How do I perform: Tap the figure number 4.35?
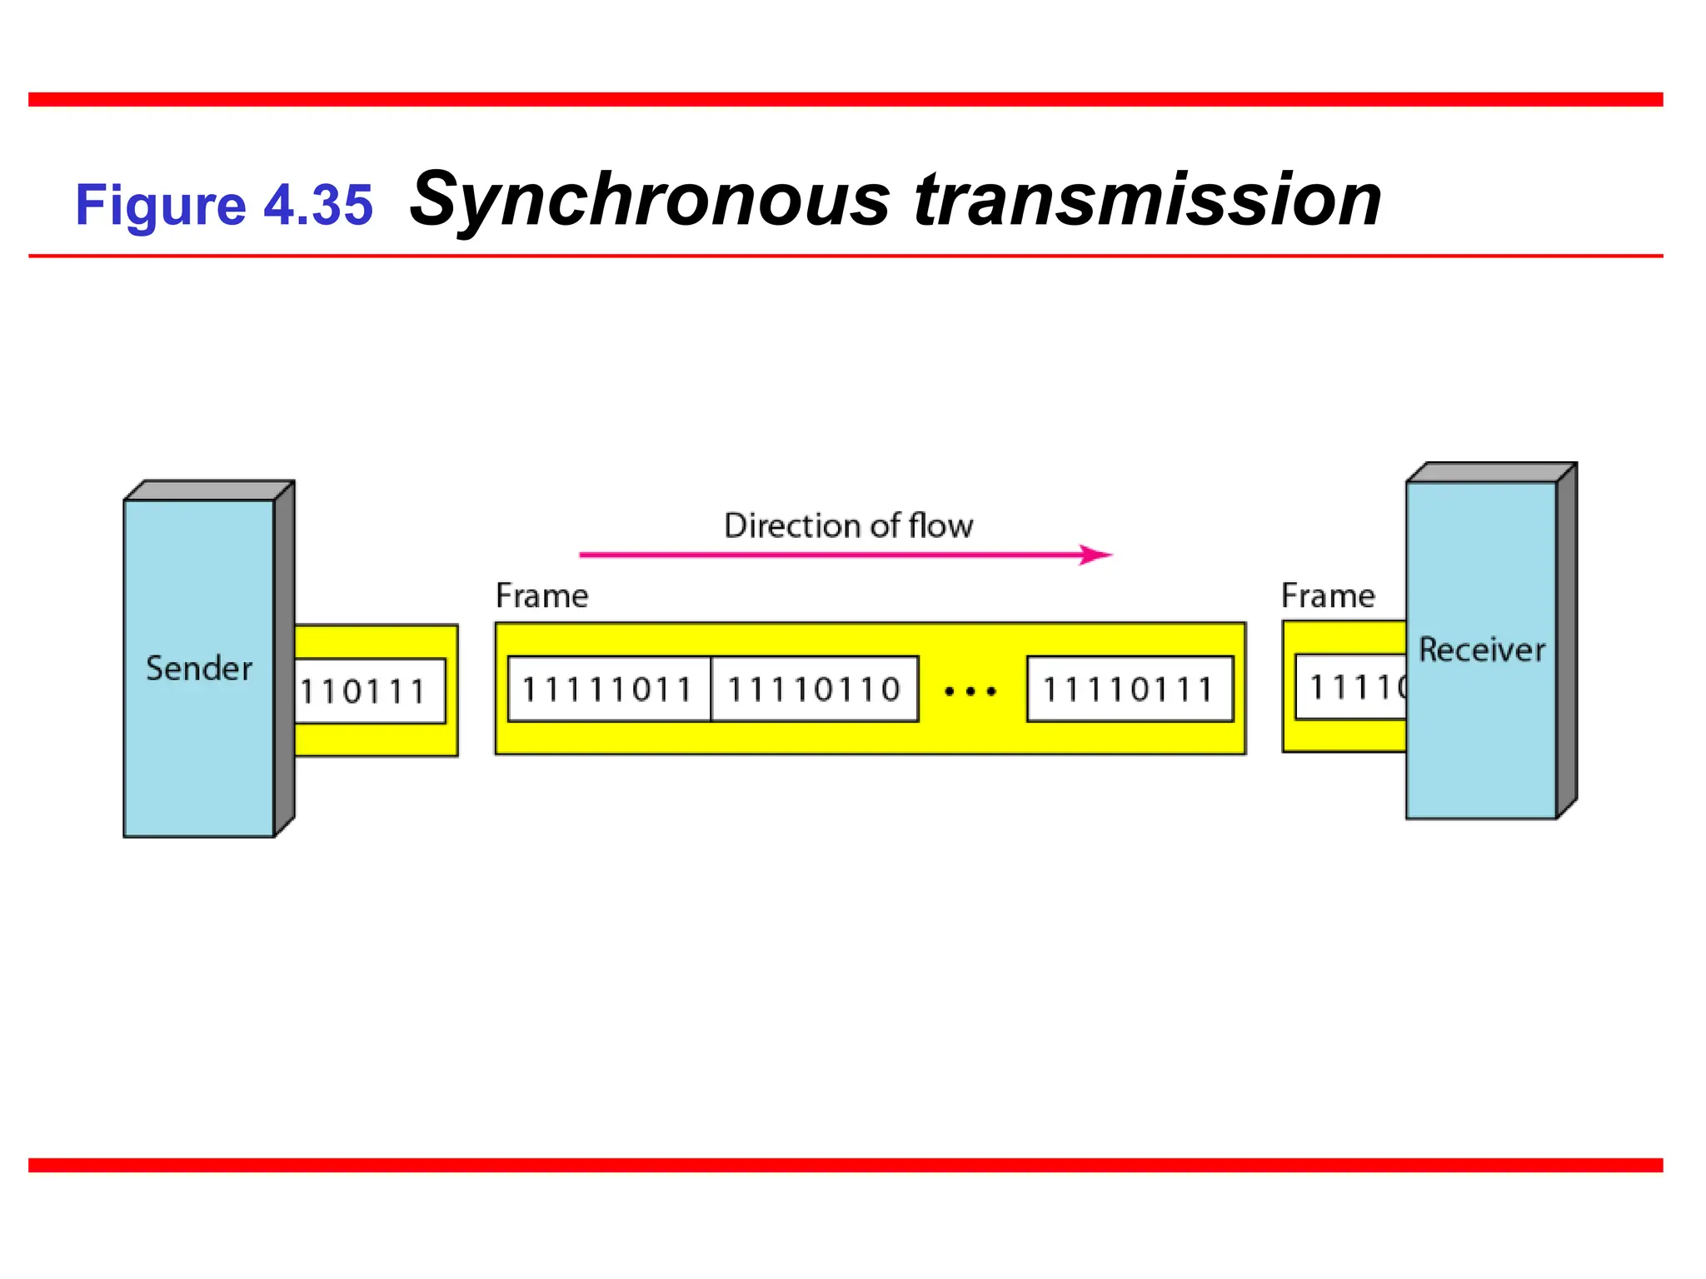[318, 205]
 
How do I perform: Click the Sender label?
[198, 669]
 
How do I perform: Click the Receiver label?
[1481, 649]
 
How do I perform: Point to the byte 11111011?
[608, 689]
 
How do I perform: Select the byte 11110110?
[815, 689]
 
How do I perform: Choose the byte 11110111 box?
[1130, 689]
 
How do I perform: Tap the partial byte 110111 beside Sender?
[365, 691]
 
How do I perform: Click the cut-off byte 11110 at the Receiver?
[1354, 688]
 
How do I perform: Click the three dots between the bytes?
[970, 691]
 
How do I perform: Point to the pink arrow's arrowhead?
[1098, 555]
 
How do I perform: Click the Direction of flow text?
[848, 526]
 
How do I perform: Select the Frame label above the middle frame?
[541, 596]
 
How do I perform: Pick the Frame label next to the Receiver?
[1328, 596]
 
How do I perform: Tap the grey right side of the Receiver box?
[1566, 641]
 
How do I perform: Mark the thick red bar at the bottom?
[845, 1165]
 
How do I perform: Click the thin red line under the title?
[845, 256]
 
